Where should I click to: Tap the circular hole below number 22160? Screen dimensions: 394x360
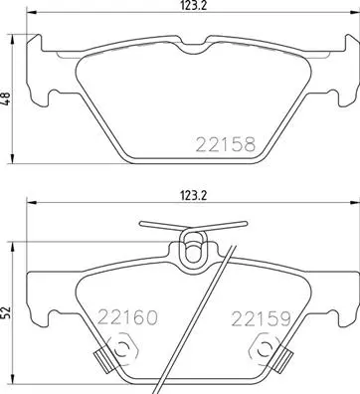[123, 349]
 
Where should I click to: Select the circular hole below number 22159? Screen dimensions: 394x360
[267, 349]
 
